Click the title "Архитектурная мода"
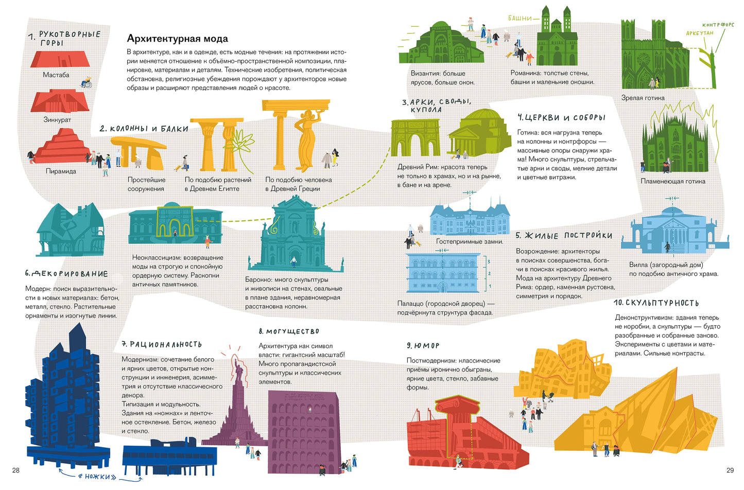(x=177, y=39)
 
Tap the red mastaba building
(x=60, y=60)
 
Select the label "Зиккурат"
(x=57, y=119)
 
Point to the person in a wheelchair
(x=86, y=82)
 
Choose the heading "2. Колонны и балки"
(x=144, y=129)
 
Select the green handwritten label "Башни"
(x=520, y=18)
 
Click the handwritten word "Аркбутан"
(x=700, y=33)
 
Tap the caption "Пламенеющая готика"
(x=673, y=181)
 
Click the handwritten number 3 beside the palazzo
(x=489, y=261)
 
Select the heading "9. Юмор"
(x=423, y=346)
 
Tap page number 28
(x=15, y=470)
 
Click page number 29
(x=730, y=470)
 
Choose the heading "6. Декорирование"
(x=66, y=274)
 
